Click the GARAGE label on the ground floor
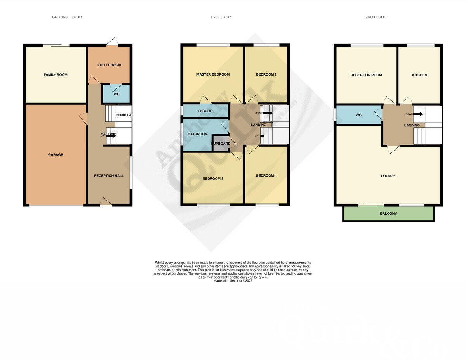click(x=56, y=155)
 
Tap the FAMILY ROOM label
click(x=56, y=75)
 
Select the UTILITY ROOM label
click(x=109, y=65)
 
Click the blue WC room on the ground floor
click(x=116, y=94)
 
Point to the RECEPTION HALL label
click(x=109, y=176)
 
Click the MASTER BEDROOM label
click(x=213, y=74)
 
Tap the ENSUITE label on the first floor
click(x=205, y=111)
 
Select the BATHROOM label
click(x=198, y=134)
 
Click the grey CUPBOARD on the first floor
click(x=221, y=144)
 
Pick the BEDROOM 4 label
click(x=266, y=175)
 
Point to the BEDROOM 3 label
click(x=213, y=179)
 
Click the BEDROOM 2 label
click(x=266, y=74)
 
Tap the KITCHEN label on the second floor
click(x=419, y=75)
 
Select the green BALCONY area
click(x=388, y=213)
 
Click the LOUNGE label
click(x=388, y=176)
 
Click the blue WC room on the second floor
click(x=358, y=115)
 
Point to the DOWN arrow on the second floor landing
click(x=419, y=114)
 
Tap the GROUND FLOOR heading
click(x=67, y=17)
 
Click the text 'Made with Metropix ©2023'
click(x=233, y=281)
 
